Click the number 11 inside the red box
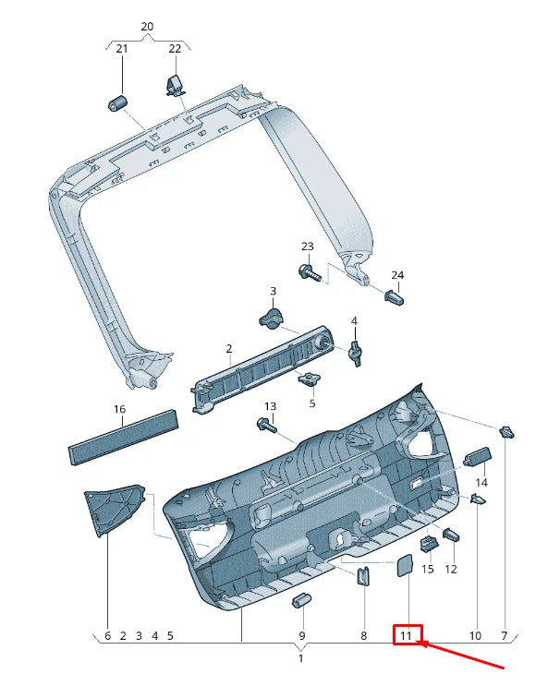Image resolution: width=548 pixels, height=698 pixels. pyautogui.click(x=407, y=635)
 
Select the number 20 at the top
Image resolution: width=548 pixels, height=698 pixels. pyautogui.click(x=147, y=27)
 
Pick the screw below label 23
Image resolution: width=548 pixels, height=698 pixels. pyautogui.click(x=309, y=271)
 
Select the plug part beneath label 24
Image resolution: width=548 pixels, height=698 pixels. pyautogui.click(x=396, y=299)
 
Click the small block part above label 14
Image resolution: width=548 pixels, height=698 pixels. pyautogui.click(x=476, y=458)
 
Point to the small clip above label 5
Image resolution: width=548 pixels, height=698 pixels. pyautogui.click(x=309, y=379)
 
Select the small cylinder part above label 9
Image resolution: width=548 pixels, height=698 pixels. pyautogui.click(x=299, y=602)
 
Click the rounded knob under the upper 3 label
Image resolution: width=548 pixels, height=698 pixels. pyautogui.click(x=270, y=319)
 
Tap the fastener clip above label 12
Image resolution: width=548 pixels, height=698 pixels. pyautogui.click(x=452, y=535)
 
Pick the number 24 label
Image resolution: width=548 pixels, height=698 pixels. pyautogui.click(x=397, y=275)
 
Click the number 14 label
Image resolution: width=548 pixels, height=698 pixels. pyautogui.click(x=481, y=483)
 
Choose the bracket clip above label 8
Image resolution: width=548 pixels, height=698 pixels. pyautogui.click(x=364, y=575)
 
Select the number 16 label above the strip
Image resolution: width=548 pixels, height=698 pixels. pyautogui.click(x=119, y=409)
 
